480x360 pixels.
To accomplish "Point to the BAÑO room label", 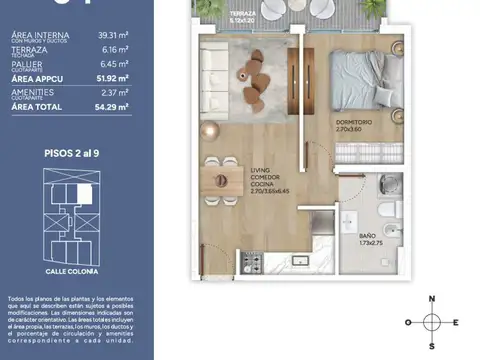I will (368, 236).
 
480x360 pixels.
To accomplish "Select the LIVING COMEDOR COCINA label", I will (266, 179).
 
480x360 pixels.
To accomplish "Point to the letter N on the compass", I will (431, 299).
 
